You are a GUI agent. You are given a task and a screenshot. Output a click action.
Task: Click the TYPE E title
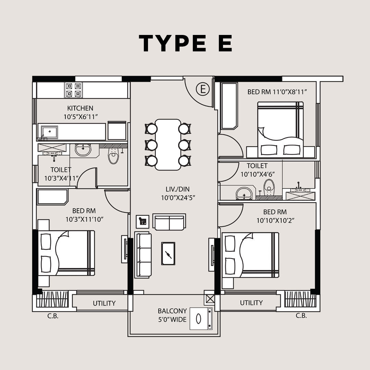(185, 43)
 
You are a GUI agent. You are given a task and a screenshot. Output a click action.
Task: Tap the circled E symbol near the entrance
(203, 89)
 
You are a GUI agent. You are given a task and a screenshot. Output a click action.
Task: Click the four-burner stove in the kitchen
(74, 90)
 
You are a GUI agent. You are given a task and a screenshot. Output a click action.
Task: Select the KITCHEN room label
(80, 108)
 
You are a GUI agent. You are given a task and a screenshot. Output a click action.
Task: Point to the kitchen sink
(49, 132)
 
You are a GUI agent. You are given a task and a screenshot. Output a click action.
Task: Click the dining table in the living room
(168, 145)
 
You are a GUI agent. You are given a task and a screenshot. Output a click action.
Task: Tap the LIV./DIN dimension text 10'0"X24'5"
(178, 198)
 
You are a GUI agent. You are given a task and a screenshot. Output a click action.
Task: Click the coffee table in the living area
(168, 254)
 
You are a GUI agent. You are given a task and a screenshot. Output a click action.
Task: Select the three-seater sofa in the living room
(143, 255)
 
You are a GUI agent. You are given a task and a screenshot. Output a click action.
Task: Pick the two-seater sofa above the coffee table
(169, 222)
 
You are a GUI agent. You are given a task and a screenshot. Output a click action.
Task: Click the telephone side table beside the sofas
(143, 222)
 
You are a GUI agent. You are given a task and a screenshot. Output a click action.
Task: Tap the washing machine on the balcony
(201, 319)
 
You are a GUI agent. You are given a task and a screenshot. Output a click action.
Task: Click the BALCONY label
(172, 311)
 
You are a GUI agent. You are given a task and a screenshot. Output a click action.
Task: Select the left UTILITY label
(104, 303)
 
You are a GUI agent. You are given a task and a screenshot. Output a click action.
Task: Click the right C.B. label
(301, 316)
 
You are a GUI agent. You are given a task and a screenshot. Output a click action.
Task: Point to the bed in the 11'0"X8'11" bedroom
(280, 129)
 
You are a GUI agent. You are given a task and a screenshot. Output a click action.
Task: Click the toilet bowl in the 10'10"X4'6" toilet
(269, 187)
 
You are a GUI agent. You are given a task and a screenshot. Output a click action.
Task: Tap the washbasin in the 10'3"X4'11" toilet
(83, 150)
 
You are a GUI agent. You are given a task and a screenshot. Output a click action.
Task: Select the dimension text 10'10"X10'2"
(275, 220)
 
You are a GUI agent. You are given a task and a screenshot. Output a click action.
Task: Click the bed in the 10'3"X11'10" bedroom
(66, 253)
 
